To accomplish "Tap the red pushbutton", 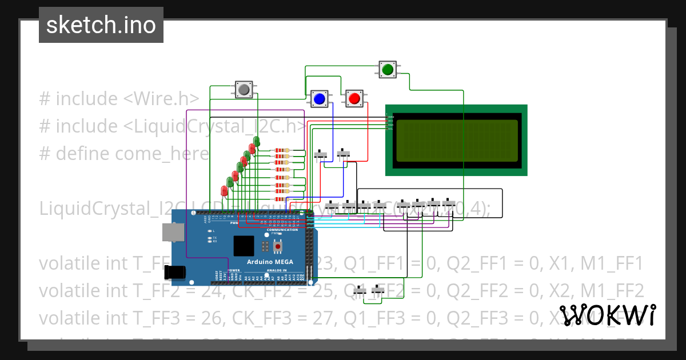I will click(354, 98).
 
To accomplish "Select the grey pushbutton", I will click(244, 89).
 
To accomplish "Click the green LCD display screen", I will click(456, 140).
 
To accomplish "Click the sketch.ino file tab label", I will click(101, 25).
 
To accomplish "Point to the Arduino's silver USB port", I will click(170, 231).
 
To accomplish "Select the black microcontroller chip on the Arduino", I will click(244, 246).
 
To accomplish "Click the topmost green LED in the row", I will click(257, 141).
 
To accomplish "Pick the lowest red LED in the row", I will click(224, 191).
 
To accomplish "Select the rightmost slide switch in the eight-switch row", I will click(449, 203).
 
